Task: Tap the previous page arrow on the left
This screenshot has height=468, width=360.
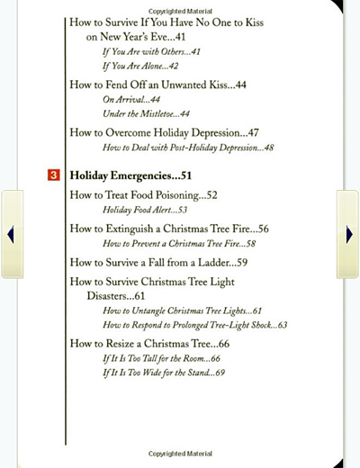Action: (x=11, y=234)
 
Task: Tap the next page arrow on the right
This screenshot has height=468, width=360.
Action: (x=348, y=234)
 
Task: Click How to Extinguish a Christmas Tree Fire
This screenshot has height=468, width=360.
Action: (x=169, y=229)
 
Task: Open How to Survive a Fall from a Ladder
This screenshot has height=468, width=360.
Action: (x=158, y=263)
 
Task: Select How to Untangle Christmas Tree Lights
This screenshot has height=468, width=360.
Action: (x=183, y=310)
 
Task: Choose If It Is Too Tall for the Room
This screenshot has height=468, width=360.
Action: (x=162, y=358)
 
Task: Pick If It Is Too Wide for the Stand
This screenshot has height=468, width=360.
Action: (x=164, y=373)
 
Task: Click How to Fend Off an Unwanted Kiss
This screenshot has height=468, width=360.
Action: (x=158, y=85)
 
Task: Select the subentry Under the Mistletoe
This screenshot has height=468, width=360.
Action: (x=146, y=114)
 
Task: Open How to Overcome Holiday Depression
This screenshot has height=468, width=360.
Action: (x=165, y=132)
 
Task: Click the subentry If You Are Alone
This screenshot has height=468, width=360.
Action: (x=140, y=66)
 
